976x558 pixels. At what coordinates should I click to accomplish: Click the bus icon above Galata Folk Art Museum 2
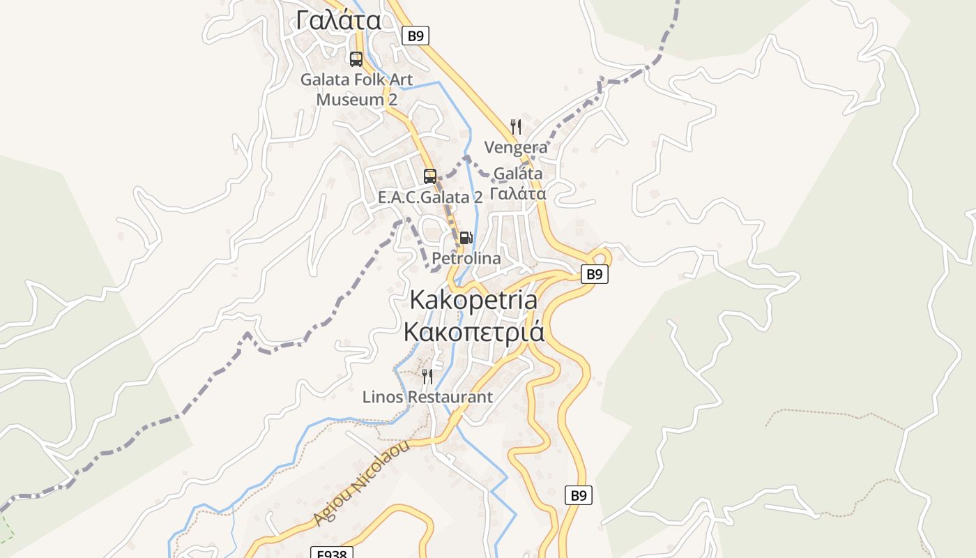tap(356, 59)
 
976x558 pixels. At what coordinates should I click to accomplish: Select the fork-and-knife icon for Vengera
tap(516, 127)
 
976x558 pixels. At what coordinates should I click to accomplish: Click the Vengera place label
tap(516, 147)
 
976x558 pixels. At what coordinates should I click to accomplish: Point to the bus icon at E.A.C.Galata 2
tap(430, 176)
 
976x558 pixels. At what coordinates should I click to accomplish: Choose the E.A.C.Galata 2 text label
tap(430, 197)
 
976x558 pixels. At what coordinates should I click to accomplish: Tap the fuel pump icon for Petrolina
tap(466, 238)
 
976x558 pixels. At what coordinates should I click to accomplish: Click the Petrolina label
tap(466, 258)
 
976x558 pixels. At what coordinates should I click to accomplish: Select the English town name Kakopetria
tap(473, 300)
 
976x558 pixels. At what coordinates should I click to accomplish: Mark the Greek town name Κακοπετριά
tap(474, 331)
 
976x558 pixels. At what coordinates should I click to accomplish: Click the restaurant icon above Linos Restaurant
tap(427, 377)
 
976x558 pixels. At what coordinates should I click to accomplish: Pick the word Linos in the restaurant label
tap(382, 397)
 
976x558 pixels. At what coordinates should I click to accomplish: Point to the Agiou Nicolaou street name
tap(361, 484)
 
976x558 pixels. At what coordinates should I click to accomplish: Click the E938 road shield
tap(332, 553)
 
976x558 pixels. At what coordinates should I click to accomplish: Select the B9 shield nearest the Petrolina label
tap(594, 274)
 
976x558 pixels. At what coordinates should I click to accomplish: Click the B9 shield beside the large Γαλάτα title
tap(415, 36)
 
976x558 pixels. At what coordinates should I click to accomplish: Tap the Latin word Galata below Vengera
tap(517, 174)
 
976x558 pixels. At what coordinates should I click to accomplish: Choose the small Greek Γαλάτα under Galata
tap(517, 193)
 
